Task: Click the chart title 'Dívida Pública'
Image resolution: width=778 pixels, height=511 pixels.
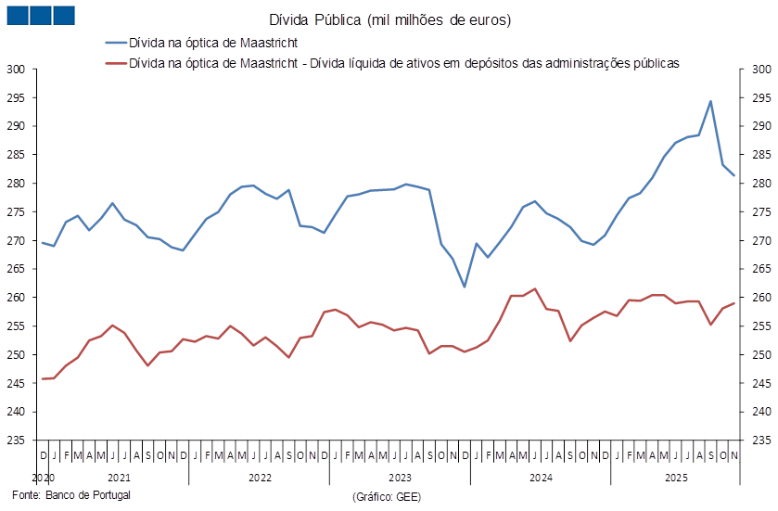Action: [389, 19]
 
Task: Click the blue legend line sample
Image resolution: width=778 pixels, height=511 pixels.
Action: [115, 43]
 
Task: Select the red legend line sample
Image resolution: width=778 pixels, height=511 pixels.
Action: [115, 63]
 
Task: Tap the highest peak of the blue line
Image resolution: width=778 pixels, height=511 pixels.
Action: [710, 101]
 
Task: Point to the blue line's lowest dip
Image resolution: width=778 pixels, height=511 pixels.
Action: [465, 287]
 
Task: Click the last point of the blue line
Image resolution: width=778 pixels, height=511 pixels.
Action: [734, 175]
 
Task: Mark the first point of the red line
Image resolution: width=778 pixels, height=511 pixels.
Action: [43, 378]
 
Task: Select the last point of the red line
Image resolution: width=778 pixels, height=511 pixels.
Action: [734, 303]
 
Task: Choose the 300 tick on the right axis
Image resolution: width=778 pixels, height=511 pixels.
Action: [759, 69]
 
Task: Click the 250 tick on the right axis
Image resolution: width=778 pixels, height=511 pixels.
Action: [759, 354]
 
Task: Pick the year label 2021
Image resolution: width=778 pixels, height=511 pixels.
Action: [118, 477]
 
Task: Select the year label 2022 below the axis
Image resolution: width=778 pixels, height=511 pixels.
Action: [259, 477]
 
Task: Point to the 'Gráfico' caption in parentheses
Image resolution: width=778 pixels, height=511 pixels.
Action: [388, 496]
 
